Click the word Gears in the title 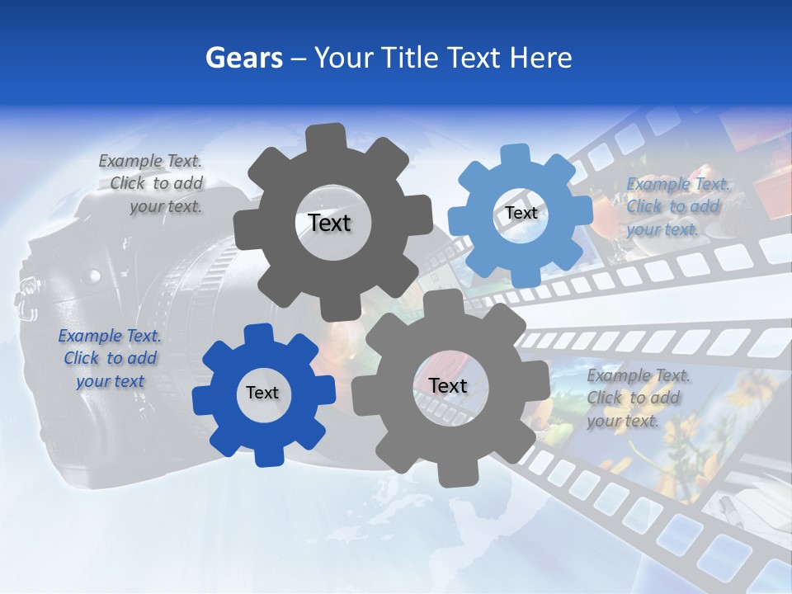(x=243, y=58)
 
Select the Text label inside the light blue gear (x=521, y=213)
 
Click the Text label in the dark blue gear (x=262, y=393)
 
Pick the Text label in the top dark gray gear (x=329, y=223)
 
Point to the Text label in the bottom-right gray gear (x=448, y=386)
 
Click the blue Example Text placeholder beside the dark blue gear (x=109, y=359)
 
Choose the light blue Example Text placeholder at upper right (x=677, y=206)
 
